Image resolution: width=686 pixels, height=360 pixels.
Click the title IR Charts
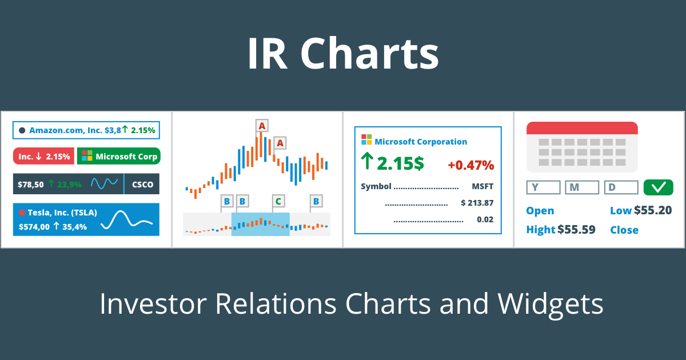pyautogui.click(x=343, y=54)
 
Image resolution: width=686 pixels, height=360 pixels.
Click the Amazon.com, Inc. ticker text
pyautogui.click(x=66, y=130)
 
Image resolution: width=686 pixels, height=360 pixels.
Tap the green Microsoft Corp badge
pyautogui.click(x=118, y=156)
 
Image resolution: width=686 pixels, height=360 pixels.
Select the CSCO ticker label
pyautogui.click(x=142, y=185)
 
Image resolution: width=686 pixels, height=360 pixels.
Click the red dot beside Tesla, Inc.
pyautogui.click(x=22, y=213)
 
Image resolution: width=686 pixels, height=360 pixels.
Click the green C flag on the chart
pyautogui.click(x=278, y=201)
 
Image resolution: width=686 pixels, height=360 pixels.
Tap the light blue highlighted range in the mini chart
pyautogui.click(x=260, y=224)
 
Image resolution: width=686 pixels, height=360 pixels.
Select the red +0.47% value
pyautogui.click(x=470, y=165)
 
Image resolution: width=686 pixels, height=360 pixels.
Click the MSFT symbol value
pyautogui.click(x=482, y=186)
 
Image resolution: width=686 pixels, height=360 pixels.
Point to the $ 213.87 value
pyautogui.click(x=477, y=203)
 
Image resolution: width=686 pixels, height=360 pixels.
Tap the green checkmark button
pyautogui.click(x=658, y=187)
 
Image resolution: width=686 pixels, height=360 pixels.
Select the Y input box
pyautogui.click(x=543, y=187)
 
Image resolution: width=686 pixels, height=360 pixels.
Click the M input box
pyautogui.click(x=582, y=187)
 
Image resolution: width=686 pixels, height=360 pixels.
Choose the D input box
pyautogui.click(x=621, y=187)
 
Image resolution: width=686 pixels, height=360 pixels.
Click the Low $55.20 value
pyautogui.click(x=652, y=210)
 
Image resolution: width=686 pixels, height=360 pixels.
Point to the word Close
pyautogui.click(x=624, y=230)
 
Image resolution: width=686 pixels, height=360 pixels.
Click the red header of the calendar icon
pyautogui.click(x=582, y=127)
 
